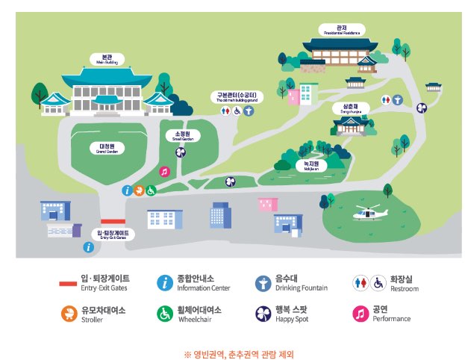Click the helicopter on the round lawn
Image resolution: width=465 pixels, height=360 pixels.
(x=369, y=214)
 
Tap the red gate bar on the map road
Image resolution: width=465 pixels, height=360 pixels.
(x=113, y=221)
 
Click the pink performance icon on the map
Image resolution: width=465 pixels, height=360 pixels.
(x=165, y=171)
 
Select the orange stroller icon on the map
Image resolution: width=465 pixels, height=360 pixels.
(x=139, y=190)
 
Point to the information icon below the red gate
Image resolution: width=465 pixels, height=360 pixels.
(x=89, y=247)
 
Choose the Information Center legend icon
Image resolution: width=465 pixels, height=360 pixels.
(x=164, y=282)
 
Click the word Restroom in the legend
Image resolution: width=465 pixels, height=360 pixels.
(x=404, y=288)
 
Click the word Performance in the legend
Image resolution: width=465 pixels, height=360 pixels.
(x=392, y=319)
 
